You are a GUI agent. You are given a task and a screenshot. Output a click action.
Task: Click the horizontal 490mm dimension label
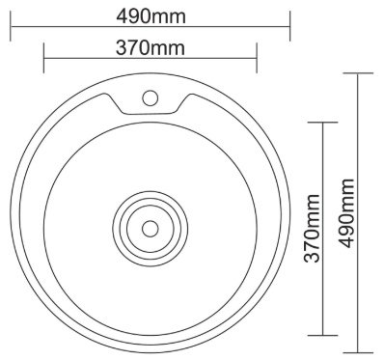tap(151, 16)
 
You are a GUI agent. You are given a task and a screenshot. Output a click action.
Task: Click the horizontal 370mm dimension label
tap(151, 48)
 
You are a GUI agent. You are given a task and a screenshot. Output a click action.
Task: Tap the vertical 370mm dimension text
tap(312, 228)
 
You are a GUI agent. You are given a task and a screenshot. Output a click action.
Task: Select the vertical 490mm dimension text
tap(346, 213)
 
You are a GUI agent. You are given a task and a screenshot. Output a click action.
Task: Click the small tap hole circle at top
tap(151, 97)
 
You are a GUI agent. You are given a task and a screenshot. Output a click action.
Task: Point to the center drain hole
tap(151, 229)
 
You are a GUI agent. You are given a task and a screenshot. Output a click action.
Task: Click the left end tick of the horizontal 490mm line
tap(11, 26)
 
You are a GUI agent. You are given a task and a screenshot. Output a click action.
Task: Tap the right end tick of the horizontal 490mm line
tap(290, 26)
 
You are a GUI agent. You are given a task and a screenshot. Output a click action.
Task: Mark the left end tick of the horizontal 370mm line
tap(43, 58)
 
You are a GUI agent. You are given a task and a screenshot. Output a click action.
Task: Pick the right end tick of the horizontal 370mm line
tap(257, 58)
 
